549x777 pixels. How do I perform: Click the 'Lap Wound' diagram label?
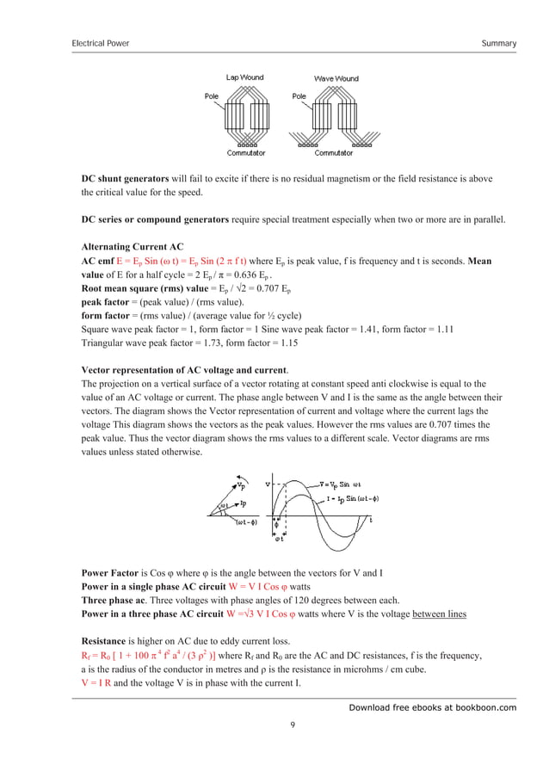tap(244, 77)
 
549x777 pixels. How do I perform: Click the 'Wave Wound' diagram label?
tap(336, 77)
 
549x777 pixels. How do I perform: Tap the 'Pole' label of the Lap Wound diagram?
tap(212, 96)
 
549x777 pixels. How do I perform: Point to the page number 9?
tap(293, 725)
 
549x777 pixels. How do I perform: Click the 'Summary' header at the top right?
tap(499, 43)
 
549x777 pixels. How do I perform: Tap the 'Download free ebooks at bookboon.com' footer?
tap(432, 707)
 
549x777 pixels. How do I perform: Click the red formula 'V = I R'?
tap(101, 680)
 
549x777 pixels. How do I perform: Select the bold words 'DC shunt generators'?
tap(125, 179)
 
